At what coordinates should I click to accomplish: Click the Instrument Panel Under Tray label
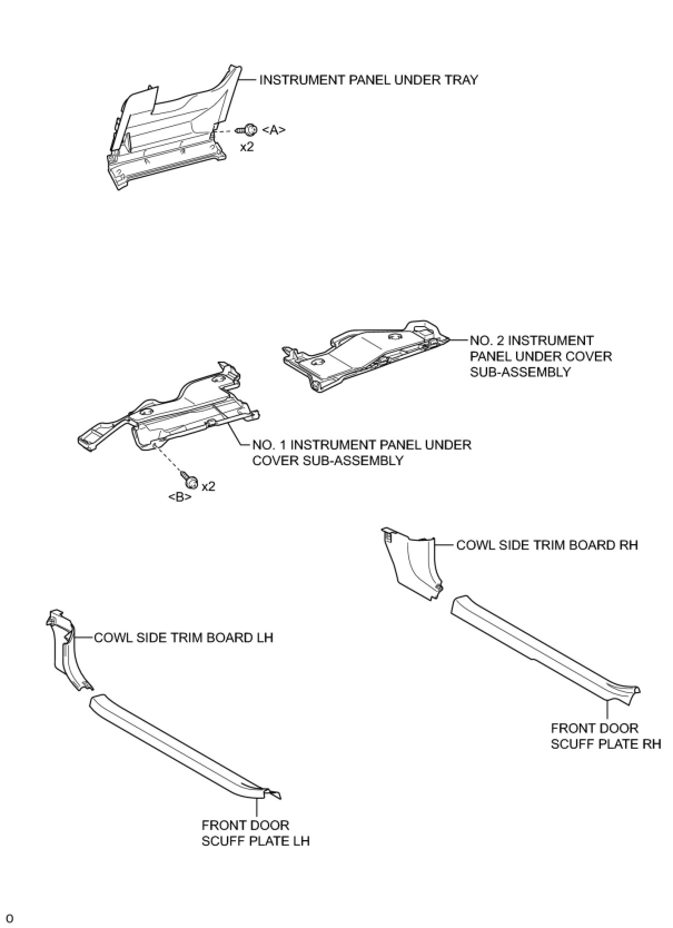(368, 80)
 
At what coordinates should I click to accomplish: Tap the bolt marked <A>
(248, 130)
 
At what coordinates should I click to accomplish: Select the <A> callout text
(274, 130)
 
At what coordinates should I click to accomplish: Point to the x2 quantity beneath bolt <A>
(247, 147)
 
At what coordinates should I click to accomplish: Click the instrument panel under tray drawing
(167, 134)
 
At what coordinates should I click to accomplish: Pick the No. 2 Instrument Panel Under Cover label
(541, 356)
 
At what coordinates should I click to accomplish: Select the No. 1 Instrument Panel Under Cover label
(362, 452)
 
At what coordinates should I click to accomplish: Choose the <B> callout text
(180, 497)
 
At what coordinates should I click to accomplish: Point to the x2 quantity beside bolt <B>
(208, 486)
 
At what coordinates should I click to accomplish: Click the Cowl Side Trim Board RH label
(547, 545)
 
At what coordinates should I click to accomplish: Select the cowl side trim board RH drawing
(412, 565)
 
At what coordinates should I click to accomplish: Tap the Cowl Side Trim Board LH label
(184, 638)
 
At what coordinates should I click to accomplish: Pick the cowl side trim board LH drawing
(66, 651)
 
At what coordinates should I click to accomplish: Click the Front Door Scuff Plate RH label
(606, 736)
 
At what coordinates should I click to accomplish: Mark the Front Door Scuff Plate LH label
(255, 832)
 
